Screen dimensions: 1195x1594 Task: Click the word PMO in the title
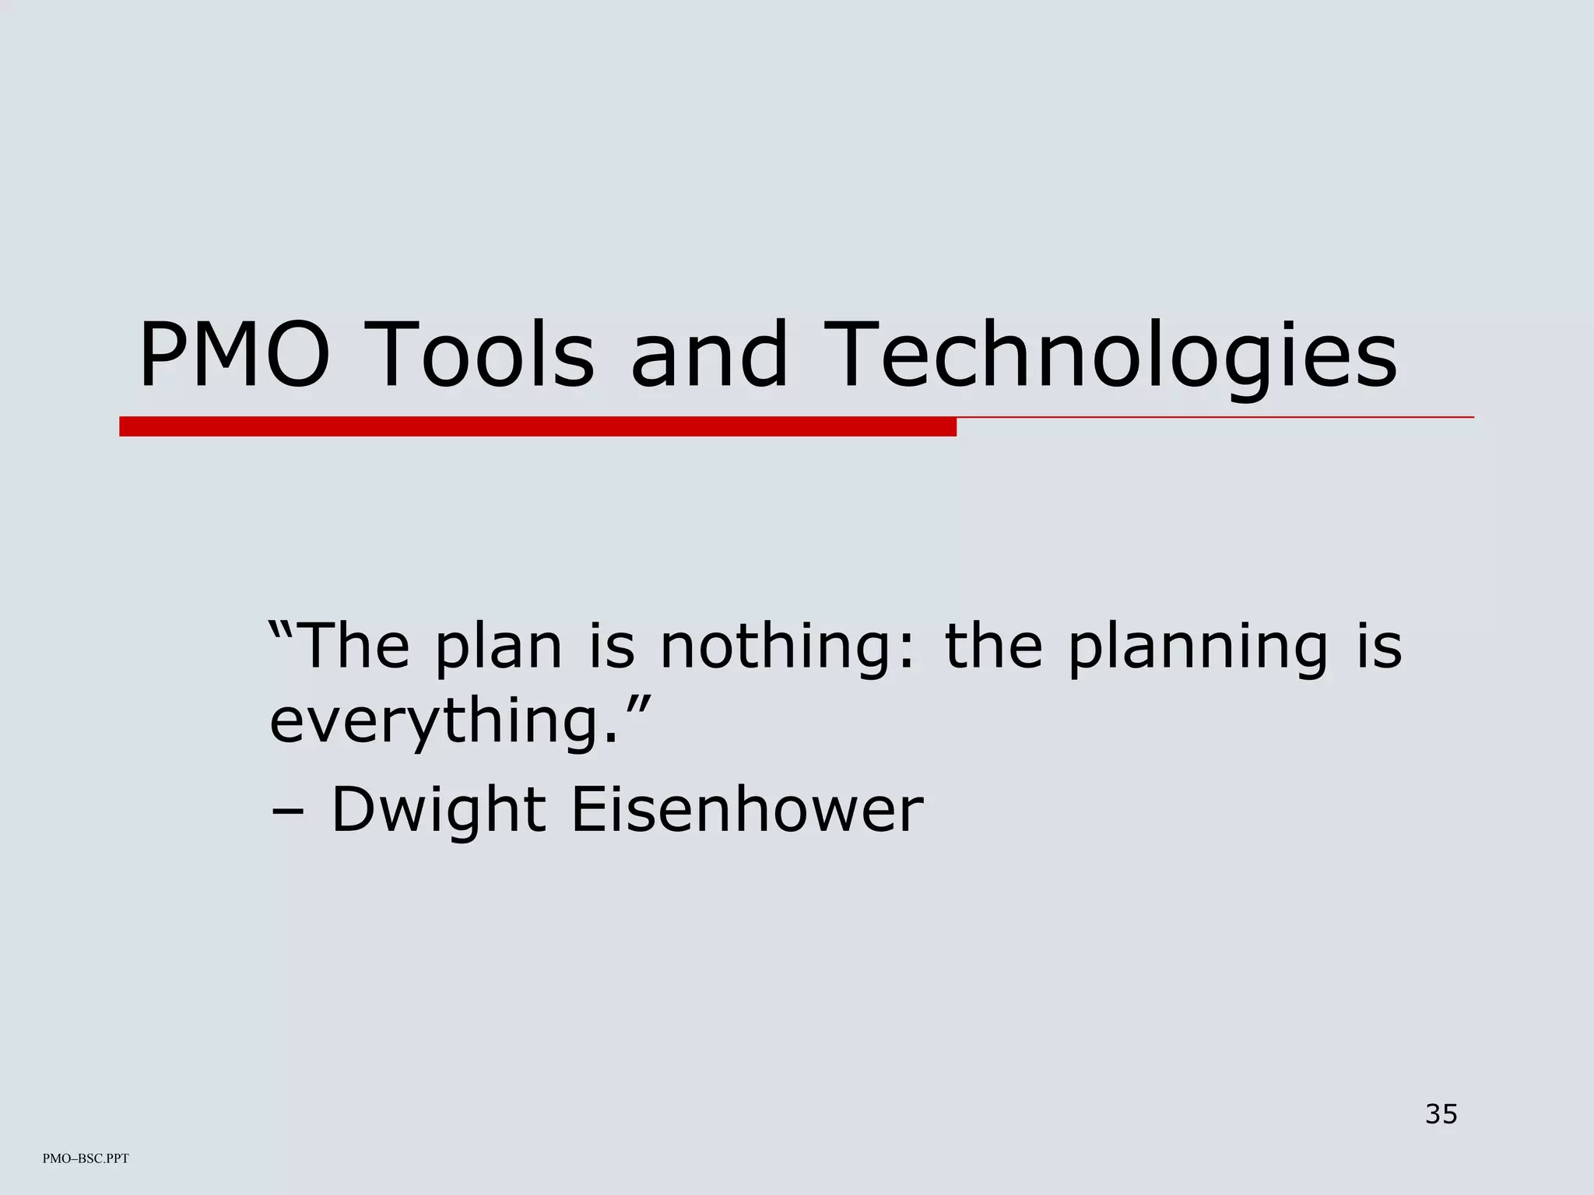[234, 356]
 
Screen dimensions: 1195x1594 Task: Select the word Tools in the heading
[483, 356]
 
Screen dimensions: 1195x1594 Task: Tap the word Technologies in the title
[1110, 356]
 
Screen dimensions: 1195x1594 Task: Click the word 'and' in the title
[709, 356]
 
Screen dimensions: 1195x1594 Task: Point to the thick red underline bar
[537, 426]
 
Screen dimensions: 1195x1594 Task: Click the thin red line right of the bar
[1214, 418]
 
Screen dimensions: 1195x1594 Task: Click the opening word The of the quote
[353, 647]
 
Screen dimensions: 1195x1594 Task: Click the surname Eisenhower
[746, 810]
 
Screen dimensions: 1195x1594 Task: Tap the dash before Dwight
[288, 812]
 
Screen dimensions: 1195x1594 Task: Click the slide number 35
[1441, 1114]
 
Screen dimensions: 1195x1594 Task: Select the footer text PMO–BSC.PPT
[86, 1158]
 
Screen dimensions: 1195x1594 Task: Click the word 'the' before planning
[992, 647]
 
